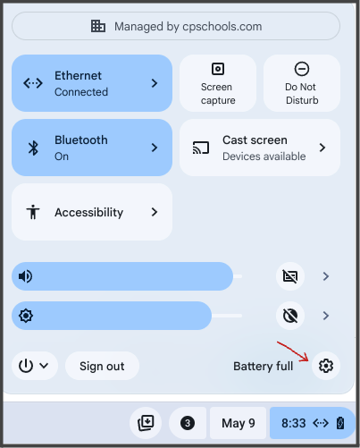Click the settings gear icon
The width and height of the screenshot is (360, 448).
pos(326,366)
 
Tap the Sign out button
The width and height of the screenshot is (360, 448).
pos(102,366)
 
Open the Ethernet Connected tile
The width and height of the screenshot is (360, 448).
pos(91,83)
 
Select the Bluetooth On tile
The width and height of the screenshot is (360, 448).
pos(91,148)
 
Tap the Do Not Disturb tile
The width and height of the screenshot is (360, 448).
pos(302,83)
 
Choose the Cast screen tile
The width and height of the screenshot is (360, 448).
pos(260,148)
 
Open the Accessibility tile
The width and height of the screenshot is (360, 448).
pos(91,212)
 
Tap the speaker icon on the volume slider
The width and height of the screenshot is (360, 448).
pos(26,276)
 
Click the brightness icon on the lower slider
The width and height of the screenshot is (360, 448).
pos(26,316)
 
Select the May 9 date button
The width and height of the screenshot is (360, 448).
pos(238,423)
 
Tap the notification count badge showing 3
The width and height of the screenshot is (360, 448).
pos(188,423)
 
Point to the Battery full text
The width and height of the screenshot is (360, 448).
pos(263,367)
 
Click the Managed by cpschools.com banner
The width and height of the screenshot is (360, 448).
pos(176,26)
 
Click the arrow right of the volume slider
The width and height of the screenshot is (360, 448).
pos(326,276)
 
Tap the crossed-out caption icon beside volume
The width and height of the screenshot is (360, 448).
pos(290,276)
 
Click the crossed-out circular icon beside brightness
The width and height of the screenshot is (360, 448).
pos(290,316)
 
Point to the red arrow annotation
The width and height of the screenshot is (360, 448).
pos(293,350)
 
